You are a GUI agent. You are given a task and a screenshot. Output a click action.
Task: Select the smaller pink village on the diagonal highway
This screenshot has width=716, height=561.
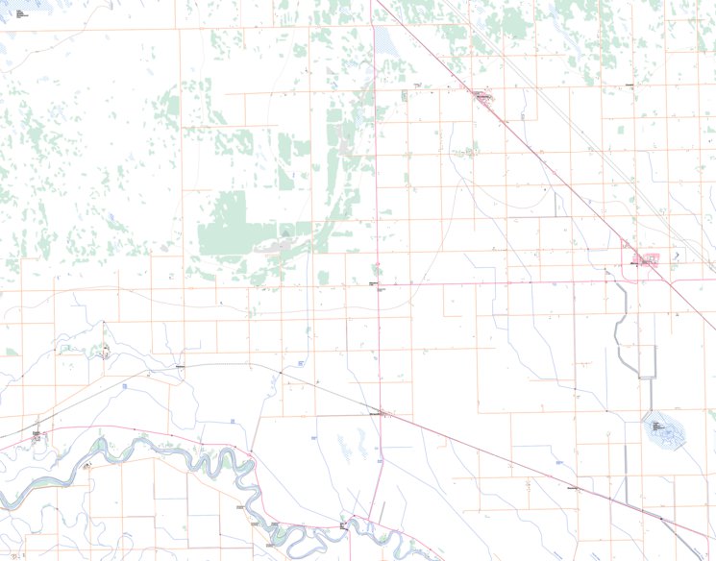tap(481, 96)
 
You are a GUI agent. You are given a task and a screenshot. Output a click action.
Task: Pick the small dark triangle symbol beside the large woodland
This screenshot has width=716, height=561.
tap(284, 232)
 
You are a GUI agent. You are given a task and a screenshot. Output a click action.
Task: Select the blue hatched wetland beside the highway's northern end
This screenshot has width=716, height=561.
tap(385, 38)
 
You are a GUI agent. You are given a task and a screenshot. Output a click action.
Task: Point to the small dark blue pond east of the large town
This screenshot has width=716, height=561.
tap(677, 256)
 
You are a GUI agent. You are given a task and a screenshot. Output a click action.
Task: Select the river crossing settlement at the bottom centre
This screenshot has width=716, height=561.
tap(344, 524)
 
